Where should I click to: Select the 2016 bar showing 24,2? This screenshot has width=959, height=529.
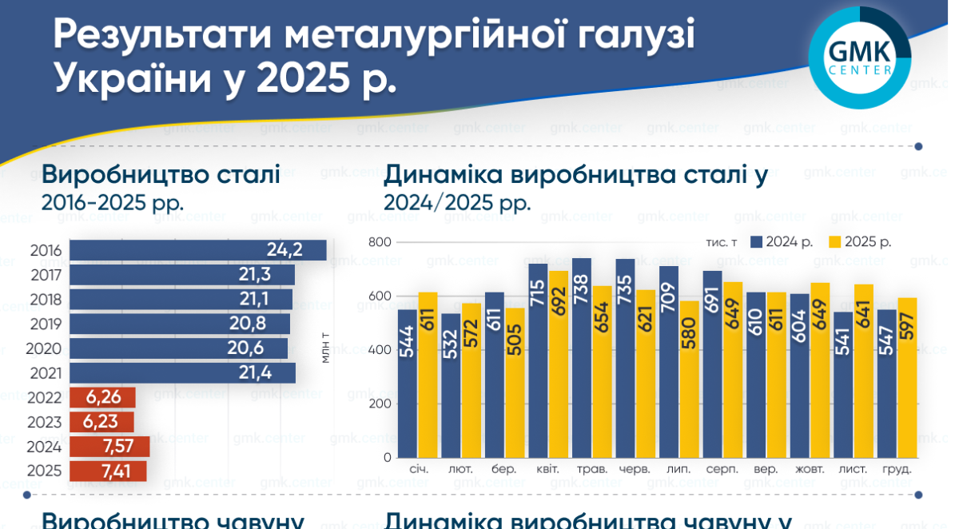click(197, 250)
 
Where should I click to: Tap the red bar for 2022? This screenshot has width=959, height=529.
click(102, 398)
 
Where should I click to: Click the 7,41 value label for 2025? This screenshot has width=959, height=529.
click(117, 471)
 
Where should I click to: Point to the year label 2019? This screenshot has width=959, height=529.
click(46, 324)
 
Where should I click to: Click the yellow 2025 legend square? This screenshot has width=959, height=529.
click(835, 242)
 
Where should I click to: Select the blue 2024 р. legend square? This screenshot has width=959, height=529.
click(756, 242)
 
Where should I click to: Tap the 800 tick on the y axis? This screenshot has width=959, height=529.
click(380, 243)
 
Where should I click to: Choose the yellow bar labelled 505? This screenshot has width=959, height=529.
click(515, 383)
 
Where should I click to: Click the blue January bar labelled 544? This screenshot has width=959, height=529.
click(408, 384)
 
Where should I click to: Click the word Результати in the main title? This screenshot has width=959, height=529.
click(163, 35)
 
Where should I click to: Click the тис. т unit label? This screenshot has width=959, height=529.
click(721, 242)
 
